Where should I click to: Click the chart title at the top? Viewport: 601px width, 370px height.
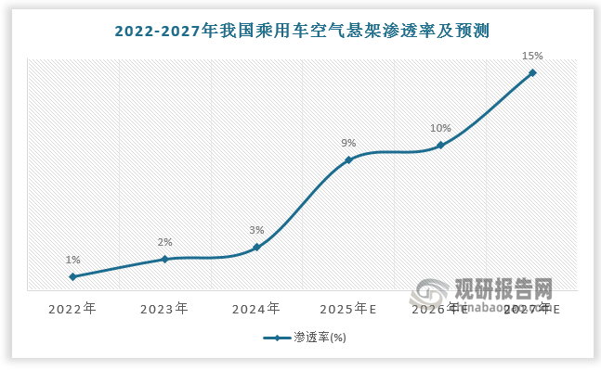point(301,31)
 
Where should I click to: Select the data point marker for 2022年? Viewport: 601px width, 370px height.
point(72,276)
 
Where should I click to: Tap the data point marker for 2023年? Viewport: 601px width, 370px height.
point(164,259)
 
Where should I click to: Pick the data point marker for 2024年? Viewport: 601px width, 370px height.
point(256,247)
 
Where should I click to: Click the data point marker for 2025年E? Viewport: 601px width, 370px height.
point(348,159)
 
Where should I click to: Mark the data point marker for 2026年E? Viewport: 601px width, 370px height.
point(440,146)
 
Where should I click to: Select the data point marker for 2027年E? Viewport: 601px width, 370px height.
point(532,72)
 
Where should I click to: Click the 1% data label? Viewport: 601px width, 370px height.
point(72,261)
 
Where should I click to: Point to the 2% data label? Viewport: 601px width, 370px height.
point(164,243)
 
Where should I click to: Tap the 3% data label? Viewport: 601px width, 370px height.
point(256,230)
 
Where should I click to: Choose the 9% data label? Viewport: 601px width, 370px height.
point(348,143)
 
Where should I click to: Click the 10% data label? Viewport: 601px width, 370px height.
point(440,129)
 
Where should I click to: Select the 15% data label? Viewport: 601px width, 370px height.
point(532,56)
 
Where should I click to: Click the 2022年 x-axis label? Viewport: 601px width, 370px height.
point(72,307)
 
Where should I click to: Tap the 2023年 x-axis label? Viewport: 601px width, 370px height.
point(164,307)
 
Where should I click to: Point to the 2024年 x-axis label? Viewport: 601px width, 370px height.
point(256,307)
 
